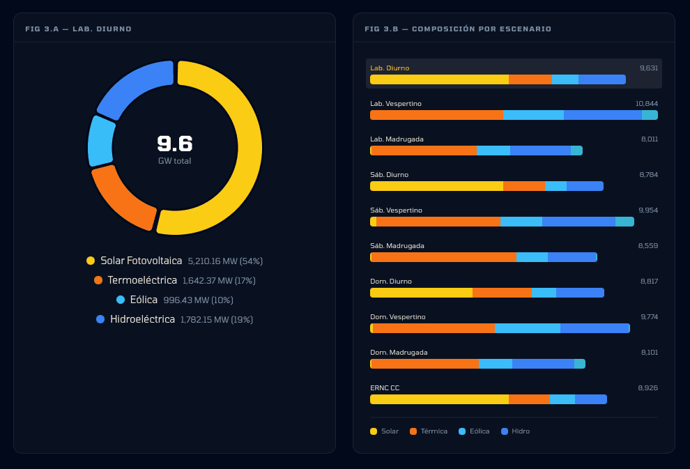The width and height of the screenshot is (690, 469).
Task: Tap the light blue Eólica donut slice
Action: pos(100,141)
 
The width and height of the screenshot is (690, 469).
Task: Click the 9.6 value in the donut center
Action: pos(174,144)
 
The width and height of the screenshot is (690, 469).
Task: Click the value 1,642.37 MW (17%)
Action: pos(219,281)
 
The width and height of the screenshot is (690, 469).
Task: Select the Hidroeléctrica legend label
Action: pos(142,319)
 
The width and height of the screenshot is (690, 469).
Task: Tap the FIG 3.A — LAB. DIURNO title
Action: pos(78,29)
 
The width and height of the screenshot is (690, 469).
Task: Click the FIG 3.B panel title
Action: pos(458,29)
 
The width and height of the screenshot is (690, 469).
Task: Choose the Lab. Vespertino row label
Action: pos(395,103)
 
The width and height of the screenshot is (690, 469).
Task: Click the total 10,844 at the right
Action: pos(646,103)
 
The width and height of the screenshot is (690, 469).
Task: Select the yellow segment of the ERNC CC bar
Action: pos(439,399)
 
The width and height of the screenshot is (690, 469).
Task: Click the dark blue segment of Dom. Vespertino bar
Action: pos(595,328)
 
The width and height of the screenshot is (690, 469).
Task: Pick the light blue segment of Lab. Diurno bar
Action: pos(565,79)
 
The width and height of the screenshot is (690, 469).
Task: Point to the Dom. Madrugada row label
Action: pos(399,352)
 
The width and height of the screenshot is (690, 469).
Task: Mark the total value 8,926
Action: pos(647,387)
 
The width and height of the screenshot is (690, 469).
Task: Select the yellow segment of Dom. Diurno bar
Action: pos(421,293)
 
